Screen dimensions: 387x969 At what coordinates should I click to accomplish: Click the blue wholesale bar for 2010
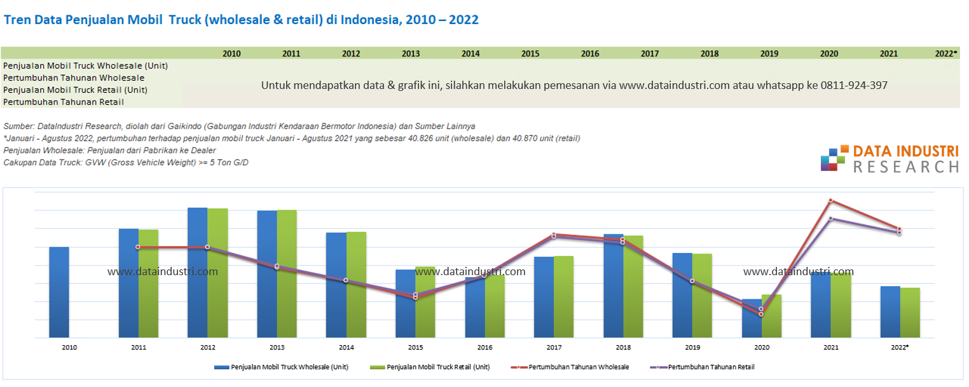click(x=58, y=292)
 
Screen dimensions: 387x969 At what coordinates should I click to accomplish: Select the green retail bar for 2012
click(x=217, y=273)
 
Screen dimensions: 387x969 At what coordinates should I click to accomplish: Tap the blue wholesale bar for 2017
click(x=544, y=297)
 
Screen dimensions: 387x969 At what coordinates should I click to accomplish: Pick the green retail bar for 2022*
click(x=910, y=312)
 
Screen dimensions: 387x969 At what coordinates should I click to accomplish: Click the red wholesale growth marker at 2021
click(x=830, y=201)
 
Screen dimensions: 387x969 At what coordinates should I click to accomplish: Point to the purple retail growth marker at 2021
click(x=830, y=219)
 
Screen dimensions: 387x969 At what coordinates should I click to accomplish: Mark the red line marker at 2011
click(x=138, y=247)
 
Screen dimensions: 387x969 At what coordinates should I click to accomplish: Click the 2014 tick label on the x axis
click(x=346, y=348)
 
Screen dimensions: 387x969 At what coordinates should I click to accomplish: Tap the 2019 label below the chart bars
click(x=692, y=348)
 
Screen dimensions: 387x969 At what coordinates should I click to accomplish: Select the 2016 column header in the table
click(x=589, y=54)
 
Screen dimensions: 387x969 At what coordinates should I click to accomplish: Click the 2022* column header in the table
click(x=946, y=54)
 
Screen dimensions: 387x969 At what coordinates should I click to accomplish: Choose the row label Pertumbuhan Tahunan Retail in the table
click(x=64, y=102)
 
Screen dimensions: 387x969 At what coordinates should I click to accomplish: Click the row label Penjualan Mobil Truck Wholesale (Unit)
click(x=85, y=65)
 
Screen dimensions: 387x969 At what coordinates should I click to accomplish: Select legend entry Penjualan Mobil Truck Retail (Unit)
click(x=438, y=367)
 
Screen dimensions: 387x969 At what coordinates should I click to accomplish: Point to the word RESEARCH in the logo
click(x=905, y=166)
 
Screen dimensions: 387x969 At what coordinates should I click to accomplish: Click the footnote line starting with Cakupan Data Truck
click(x=126, y=163)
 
